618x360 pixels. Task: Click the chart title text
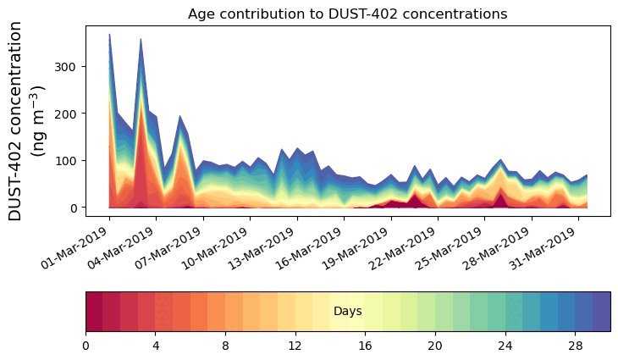[347, 14]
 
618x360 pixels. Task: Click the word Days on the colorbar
[348, 312]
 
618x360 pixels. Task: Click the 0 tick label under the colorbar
[86, 346]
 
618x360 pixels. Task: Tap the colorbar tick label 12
[295, 346]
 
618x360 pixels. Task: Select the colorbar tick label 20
[435, 346]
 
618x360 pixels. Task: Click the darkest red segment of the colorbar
[94, 312]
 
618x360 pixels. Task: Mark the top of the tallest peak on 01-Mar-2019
[109, 36]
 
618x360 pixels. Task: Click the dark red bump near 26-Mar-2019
[500, 198]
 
